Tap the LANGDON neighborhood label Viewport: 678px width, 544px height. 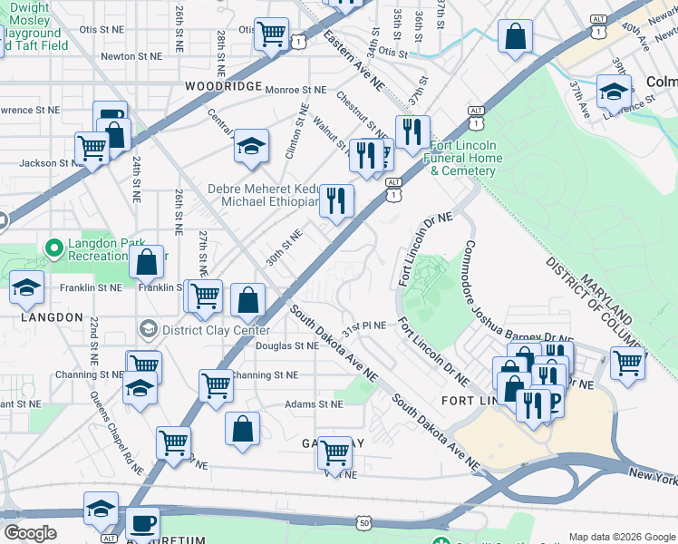[x=44, y=316]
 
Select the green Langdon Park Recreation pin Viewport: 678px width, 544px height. [x=53, y=247]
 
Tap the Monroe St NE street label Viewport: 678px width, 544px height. [x=295, y=90]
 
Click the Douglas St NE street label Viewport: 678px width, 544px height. [x=286, y=345]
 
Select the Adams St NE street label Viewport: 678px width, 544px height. [x=314, y=404]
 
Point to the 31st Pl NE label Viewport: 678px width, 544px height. [x=363, y=325]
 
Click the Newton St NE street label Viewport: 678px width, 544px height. [x=131, y=55]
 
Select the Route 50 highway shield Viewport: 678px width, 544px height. [x=363, y=522]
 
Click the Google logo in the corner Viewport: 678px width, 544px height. [x=30, y=533]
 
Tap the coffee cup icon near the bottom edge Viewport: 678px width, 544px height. [x=142, y=522]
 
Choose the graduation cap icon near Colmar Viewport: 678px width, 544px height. [x=614, y=91]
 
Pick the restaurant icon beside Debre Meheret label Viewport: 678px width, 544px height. [x=337, y=200]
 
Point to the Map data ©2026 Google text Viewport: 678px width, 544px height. [x=621, y=536]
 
